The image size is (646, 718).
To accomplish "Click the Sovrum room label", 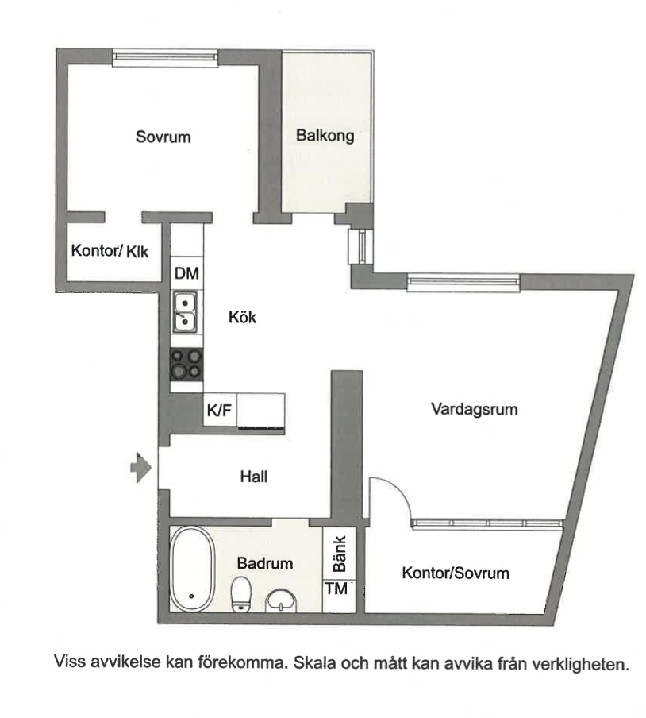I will click(163, 137).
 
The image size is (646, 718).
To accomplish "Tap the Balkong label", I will click(325, 136).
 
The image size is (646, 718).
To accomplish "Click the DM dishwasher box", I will click(186, 274).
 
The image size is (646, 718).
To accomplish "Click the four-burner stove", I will click(186, 363).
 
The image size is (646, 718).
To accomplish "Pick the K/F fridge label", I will click(219, 411).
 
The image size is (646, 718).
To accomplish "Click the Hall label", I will click(254, 477).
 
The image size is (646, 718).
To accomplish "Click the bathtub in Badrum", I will click(193, 570).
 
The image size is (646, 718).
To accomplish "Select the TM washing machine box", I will click(337, 589).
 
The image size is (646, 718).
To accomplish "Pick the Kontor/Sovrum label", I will click(455, 573).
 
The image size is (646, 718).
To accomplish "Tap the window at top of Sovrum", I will click(164, 57).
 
